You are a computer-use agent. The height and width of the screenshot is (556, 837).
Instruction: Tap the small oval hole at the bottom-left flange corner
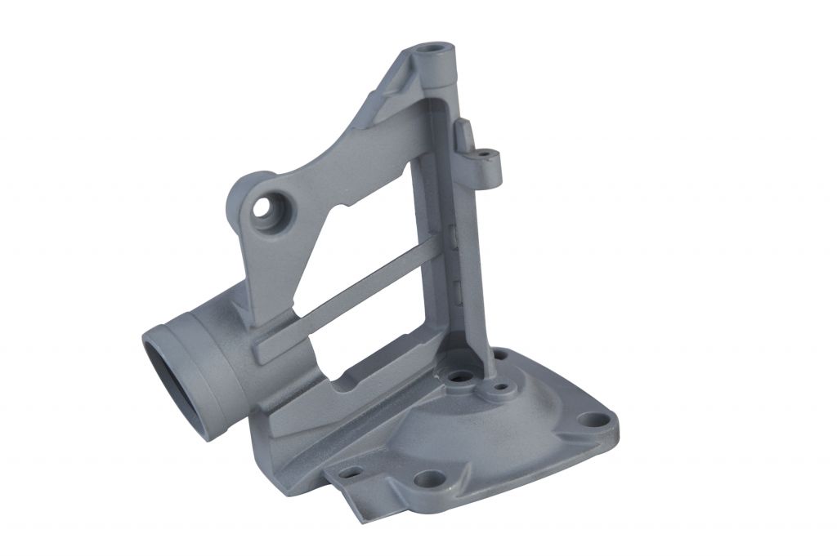click(351, 472)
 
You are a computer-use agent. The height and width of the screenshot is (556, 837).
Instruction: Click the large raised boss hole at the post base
click(459, 377)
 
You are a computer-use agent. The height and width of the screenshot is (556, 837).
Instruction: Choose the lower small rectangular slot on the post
click(458, 286)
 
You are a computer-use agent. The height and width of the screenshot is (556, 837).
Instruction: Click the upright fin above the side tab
click(463, 134)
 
